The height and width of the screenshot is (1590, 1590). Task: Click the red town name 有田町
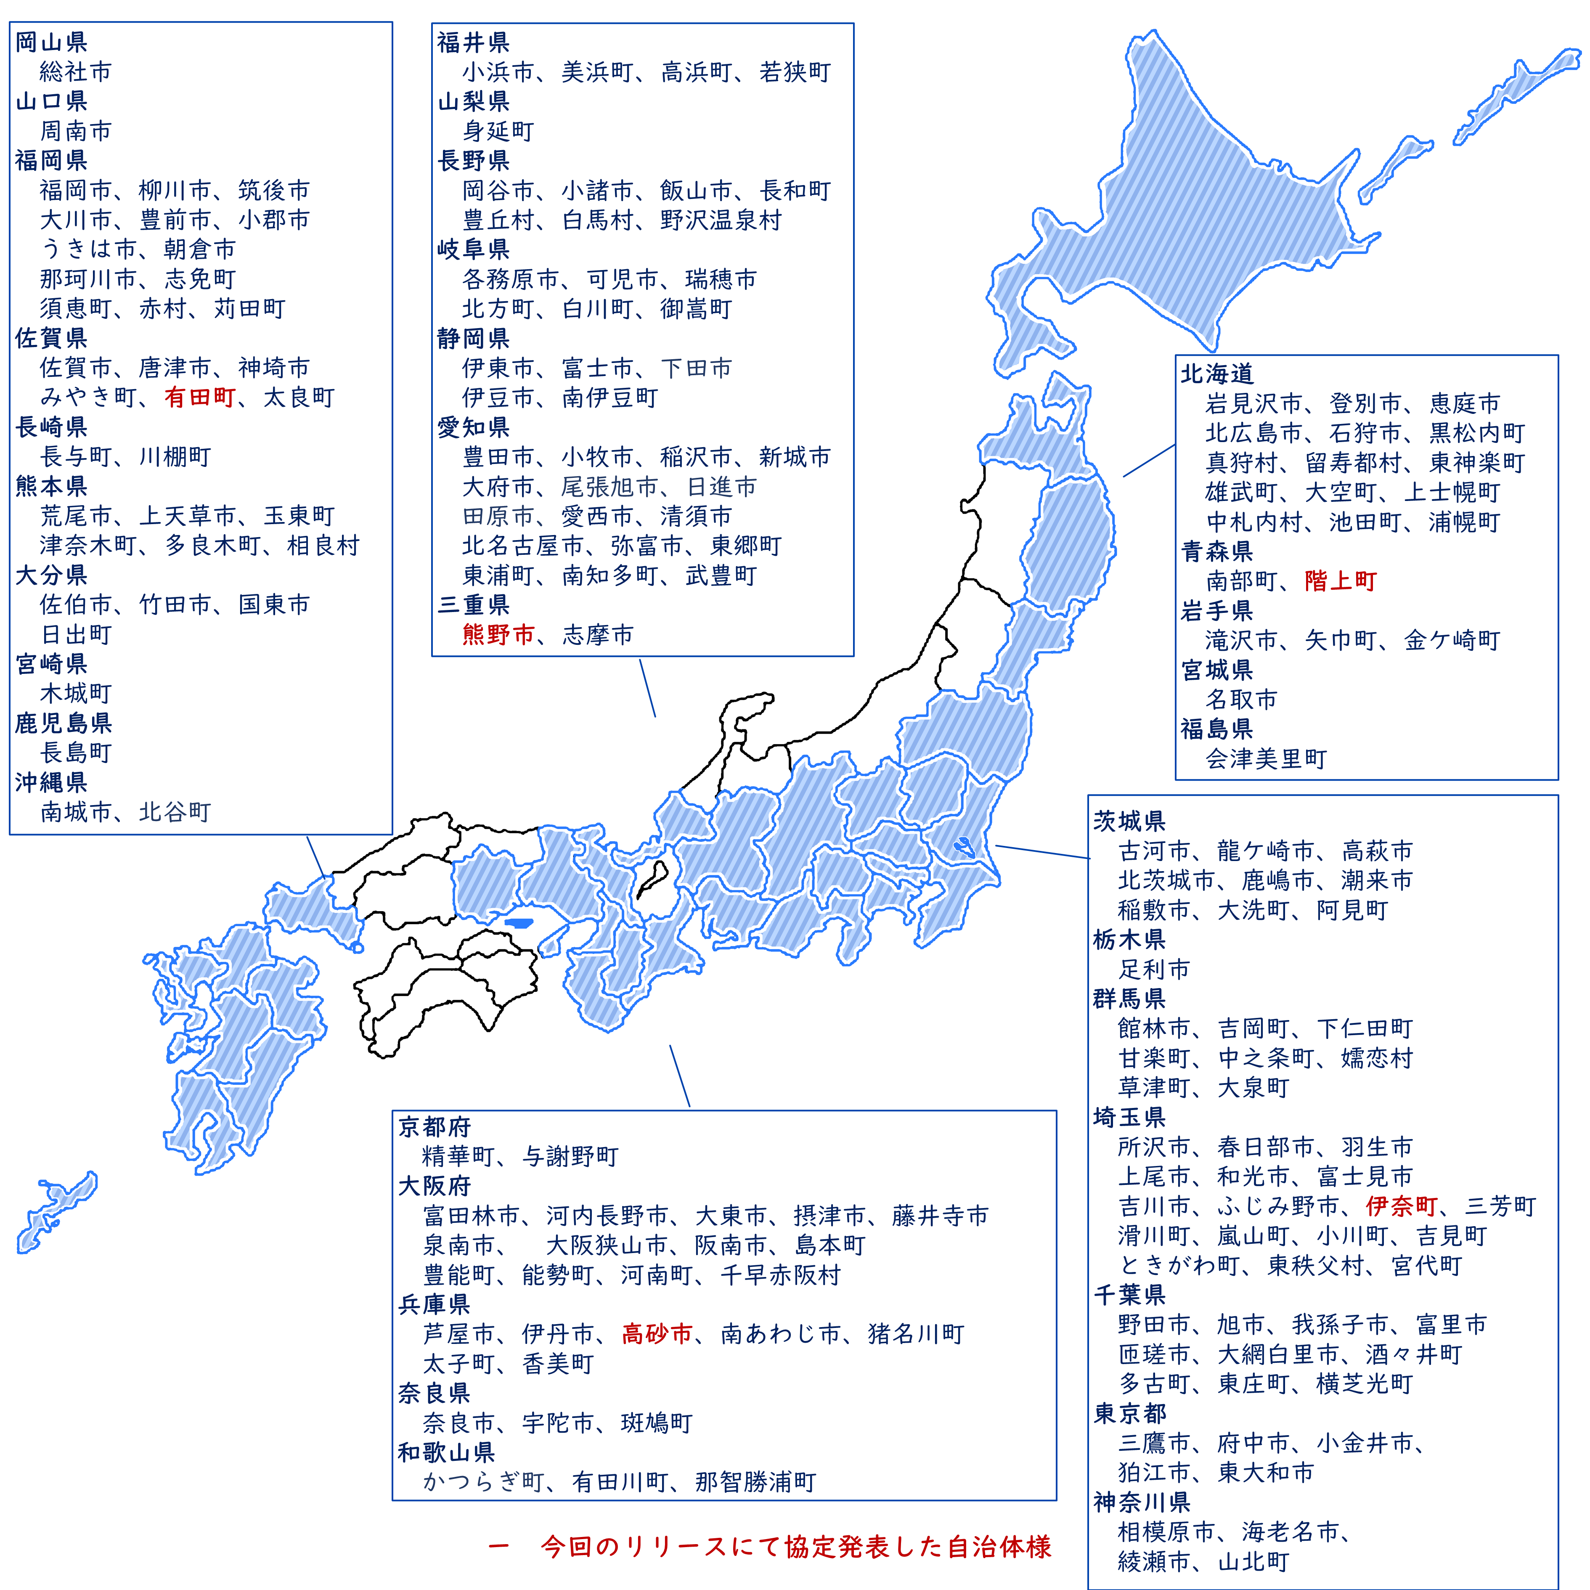click(200, 397)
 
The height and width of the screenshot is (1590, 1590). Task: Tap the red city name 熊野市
click(498, 634)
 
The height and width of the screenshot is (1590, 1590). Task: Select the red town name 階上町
click(1341, 581)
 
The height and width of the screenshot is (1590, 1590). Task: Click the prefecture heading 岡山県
click(51, 42)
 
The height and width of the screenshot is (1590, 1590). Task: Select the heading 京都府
click(435, 1126)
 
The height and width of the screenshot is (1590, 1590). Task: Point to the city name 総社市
click(76, 72)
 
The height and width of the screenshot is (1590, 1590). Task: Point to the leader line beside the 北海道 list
click(1149, 461)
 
